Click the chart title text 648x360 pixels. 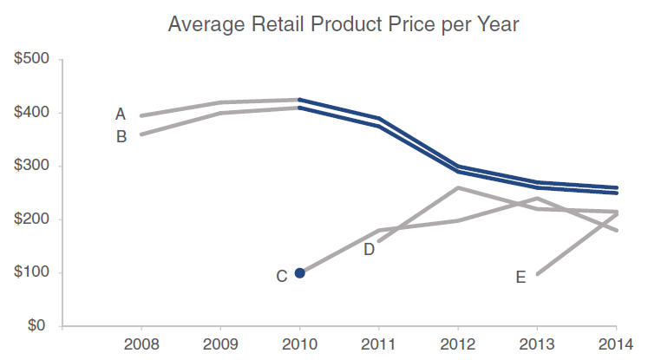point(344,24)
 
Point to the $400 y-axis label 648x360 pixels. point(31,113)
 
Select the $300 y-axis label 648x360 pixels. point(31,166)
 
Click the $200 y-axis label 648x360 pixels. point(31,219)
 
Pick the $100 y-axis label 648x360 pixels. point(31,273)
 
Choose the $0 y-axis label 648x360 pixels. point(37,327)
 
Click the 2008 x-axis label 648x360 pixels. point(141,345)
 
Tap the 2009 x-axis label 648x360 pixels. point(220,345)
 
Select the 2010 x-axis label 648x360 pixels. point(299,345)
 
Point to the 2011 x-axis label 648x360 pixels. point(378,345)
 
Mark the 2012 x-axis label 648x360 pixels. point(458,345)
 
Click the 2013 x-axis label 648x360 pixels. point(537,345)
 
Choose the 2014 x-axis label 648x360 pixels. point(616,345)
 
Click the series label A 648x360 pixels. point(121,114)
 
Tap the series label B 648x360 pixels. point(121,136)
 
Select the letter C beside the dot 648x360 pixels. point(281,277)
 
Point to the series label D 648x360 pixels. point(369,250)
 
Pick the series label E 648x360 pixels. point(520,278)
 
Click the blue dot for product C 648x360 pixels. point(300,273)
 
